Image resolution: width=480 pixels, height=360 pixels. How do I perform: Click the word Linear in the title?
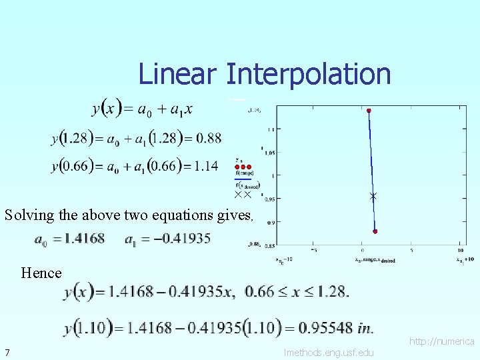(x=177, y=74)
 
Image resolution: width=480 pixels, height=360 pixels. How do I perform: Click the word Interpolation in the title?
(x=308, y=74)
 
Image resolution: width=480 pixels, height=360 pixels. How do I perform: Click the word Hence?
(x=41, y=273)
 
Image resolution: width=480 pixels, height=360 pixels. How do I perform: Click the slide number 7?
(x=7, y=352)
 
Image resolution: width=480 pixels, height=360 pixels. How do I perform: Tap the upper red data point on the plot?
(x=369, y=110)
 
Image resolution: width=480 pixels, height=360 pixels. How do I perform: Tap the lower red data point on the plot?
(x=375, y=231)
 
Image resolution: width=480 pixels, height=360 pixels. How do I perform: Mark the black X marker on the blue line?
(x=373, y=196)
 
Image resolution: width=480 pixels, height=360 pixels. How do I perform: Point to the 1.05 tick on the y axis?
(x=270, y=152)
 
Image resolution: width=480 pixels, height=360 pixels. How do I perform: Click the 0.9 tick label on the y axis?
(x=271, y=222)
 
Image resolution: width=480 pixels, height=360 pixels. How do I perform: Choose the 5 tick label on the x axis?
(x=411, y=251)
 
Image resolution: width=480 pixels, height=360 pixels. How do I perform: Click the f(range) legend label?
(x=245, y=173)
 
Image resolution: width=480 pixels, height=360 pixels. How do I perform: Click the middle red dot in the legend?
(x=243, y=167)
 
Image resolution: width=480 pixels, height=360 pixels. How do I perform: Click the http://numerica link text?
(x=441, y=341)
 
